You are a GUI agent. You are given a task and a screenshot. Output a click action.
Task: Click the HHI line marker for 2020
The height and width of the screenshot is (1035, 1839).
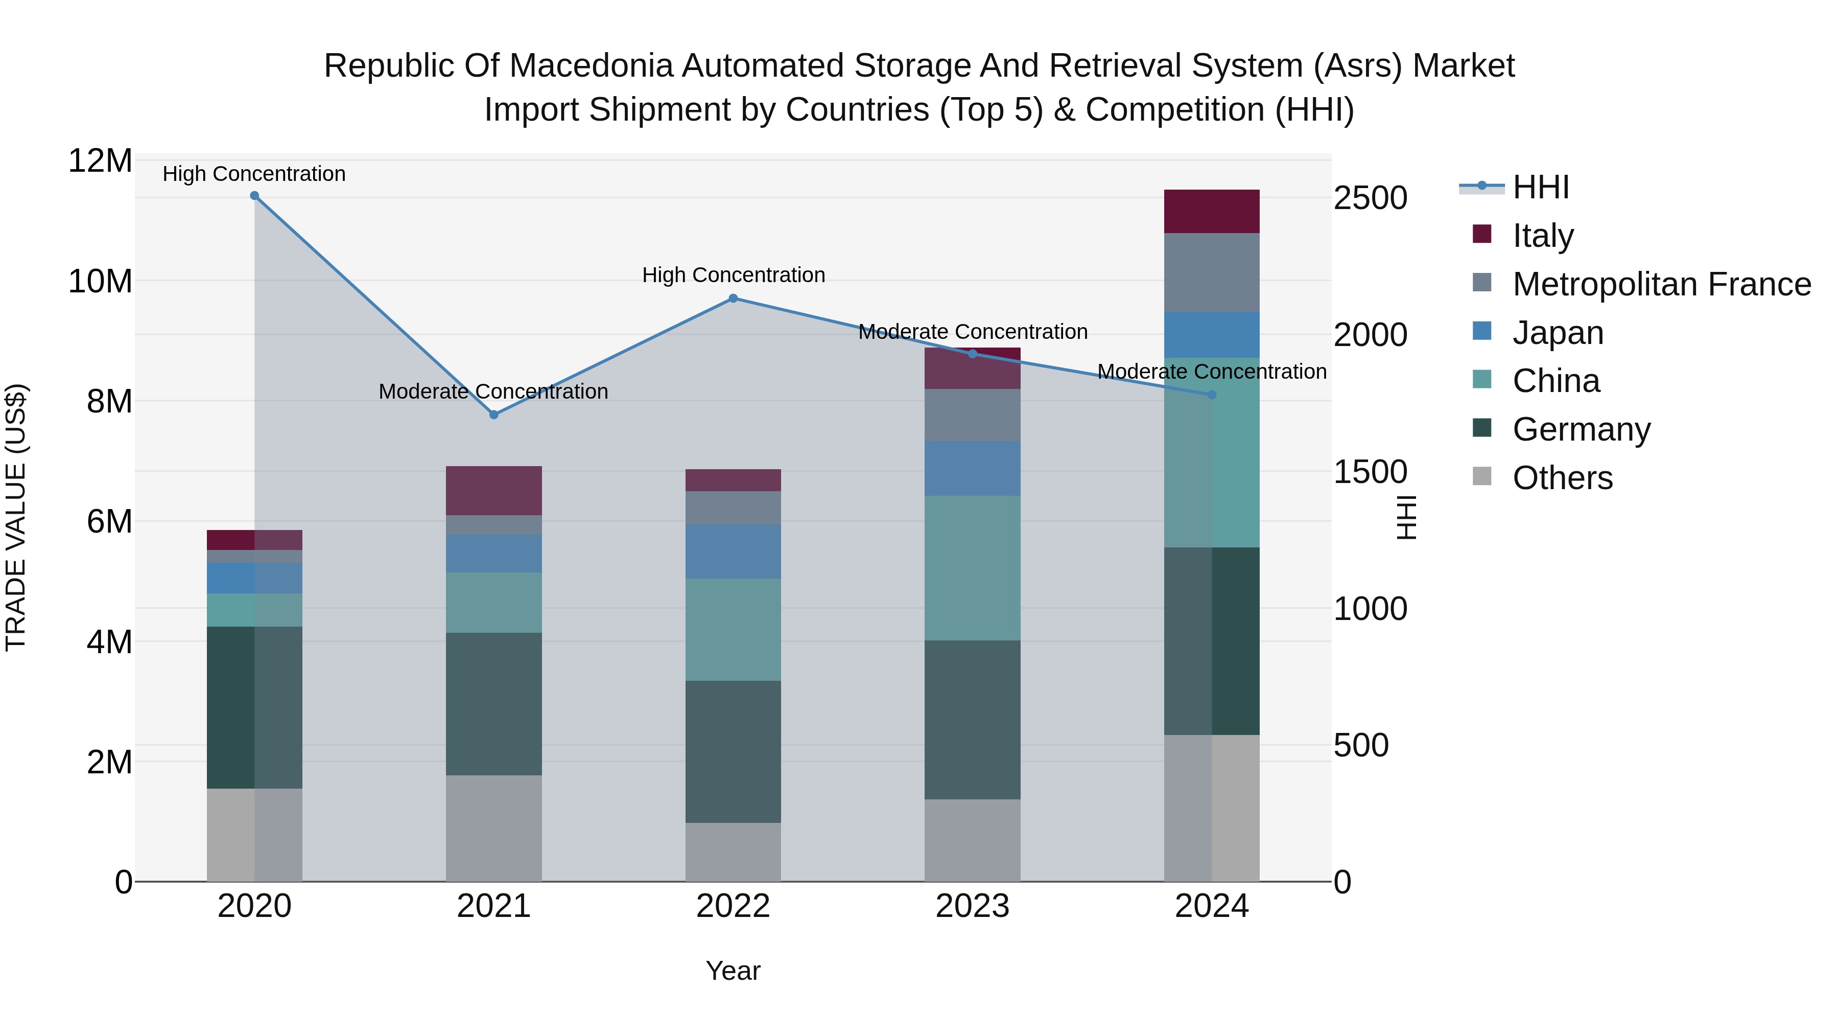click(x=254, y=196)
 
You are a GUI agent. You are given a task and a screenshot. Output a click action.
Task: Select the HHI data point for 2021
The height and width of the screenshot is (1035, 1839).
click(x=494, y=415)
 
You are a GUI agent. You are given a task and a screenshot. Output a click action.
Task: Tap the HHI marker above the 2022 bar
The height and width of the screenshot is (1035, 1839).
click(x=733, y=298)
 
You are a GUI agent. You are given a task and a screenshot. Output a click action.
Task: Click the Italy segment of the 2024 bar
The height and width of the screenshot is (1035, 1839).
click(x=1212, y=212)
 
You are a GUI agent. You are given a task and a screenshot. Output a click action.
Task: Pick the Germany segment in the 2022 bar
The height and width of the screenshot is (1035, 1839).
click(x=733, y=751)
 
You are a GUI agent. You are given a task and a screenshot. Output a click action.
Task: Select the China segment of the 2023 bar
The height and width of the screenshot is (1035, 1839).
click(x=972, y=568)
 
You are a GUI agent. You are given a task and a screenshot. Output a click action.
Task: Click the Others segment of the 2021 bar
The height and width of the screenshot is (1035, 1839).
click(x=494, y=828)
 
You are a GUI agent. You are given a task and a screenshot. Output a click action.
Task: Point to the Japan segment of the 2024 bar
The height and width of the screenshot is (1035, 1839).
click(x=1212, y=334)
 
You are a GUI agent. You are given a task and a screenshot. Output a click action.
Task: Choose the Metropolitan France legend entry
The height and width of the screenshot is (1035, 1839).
click(x=1661, y=284)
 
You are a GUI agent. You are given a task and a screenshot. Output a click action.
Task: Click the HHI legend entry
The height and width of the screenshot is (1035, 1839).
click(x=1540, y=187)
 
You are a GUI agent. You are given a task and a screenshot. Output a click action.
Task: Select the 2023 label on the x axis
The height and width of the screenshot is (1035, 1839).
click(x=972, y=906)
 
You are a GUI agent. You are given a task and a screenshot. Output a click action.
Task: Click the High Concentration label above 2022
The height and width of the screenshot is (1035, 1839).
click(x=733, y=275)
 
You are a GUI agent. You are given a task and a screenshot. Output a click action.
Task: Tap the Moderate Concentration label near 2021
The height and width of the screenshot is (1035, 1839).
click(x=493, y=392)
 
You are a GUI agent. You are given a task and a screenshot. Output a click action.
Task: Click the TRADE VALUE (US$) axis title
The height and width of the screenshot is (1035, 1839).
click(x=16, y=517)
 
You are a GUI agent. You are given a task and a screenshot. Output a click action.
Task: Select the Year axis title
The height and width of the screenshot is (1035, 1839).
click(x=733, y=971)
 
